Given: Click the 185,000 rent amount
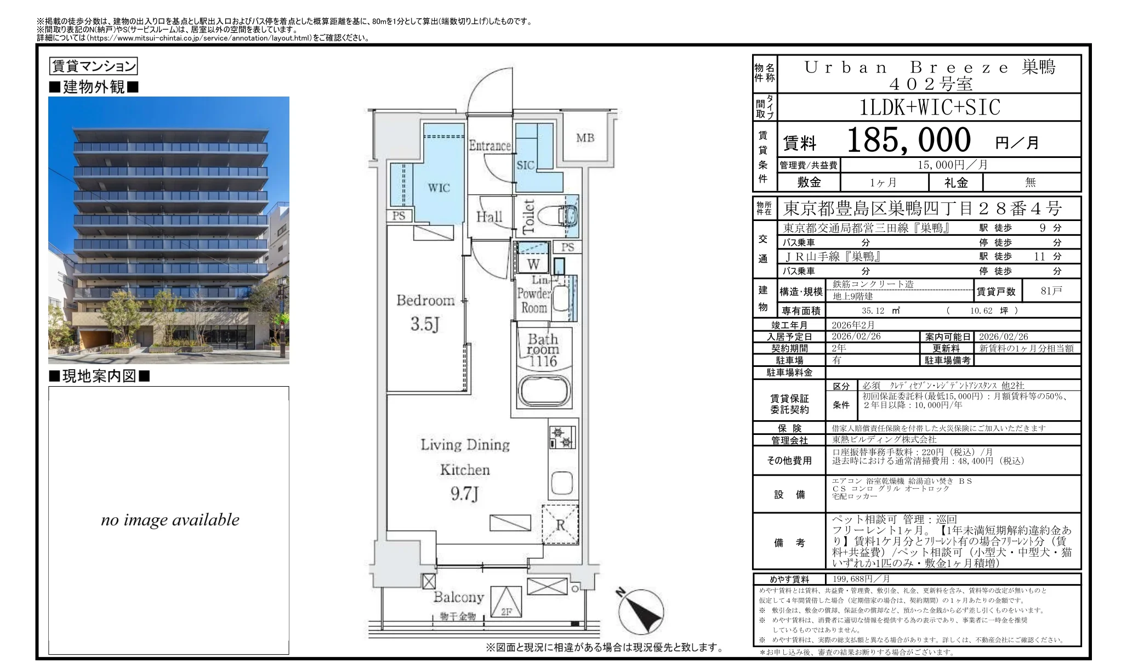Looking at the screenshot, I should pyautogui.click(x=908, y=140).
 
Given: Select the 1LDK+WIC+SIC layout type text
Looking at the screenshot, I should pyautogui.click(x=930, y=107).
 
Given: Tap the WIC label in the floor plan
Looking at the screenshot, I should pyautogui.click(x=439, y=188).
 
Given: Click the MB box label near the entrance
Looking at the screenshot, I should pyautogui.click(x=585, y=138).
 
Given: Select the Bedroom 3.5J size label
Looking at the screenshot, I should pyautogui.click(x=425, y=324).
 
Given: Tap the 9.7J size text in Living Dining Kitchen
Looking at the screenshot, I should pyautogui.click(x=465, y=494).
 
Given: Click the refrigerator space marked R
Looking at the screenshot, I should pyautogui.click(x=560, y=525).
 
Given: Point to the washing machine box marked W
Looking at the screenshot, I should pyautogui.click(x=533, y=265).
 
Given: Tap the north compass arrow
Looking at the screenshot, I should pyautogui.click(x=642, y=612).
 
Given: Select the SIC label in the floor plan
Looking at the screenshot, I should pyautogui.click(x=525, y=165).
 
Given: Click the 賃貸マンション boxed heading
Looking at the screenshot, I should pyautogui.click(x=93, y=66).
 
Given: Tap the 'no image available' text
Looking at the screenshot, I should pyautogui.click(x=170, y=520).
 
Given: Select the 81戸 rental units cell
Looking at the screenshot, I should pyautogui.click(x=1051, y=291).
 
